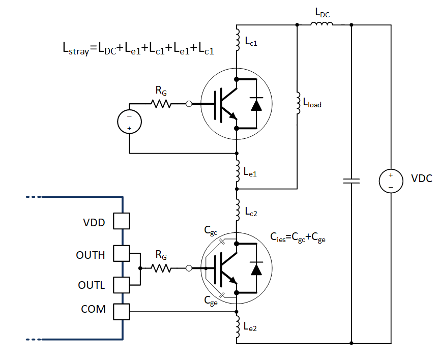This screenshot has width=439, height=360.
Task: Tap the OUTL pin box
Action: click(x=122, y=285)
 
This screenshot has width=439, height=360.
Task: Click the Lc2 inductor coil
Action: click(x=237, y=209)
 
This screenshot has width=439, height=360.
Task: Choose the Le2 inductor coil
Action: click(x=237, y=326)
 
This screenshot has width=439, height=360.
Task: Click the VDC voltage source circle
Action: click(x=391, y=181)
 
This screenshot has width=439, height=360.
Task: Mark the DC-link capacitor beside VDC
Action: click(x=351, y=181)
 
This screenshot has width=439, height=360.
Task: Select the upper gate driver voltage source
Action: click(x=129, y=122)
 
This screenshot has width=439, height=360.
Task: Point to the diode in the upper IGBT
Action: click(x=256, y=104)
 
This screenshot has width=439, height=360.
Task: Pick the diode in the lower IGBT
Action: click(x=256, y=268)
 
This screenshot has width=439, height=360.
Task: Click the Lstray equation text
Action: click(x=137, y=49)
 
